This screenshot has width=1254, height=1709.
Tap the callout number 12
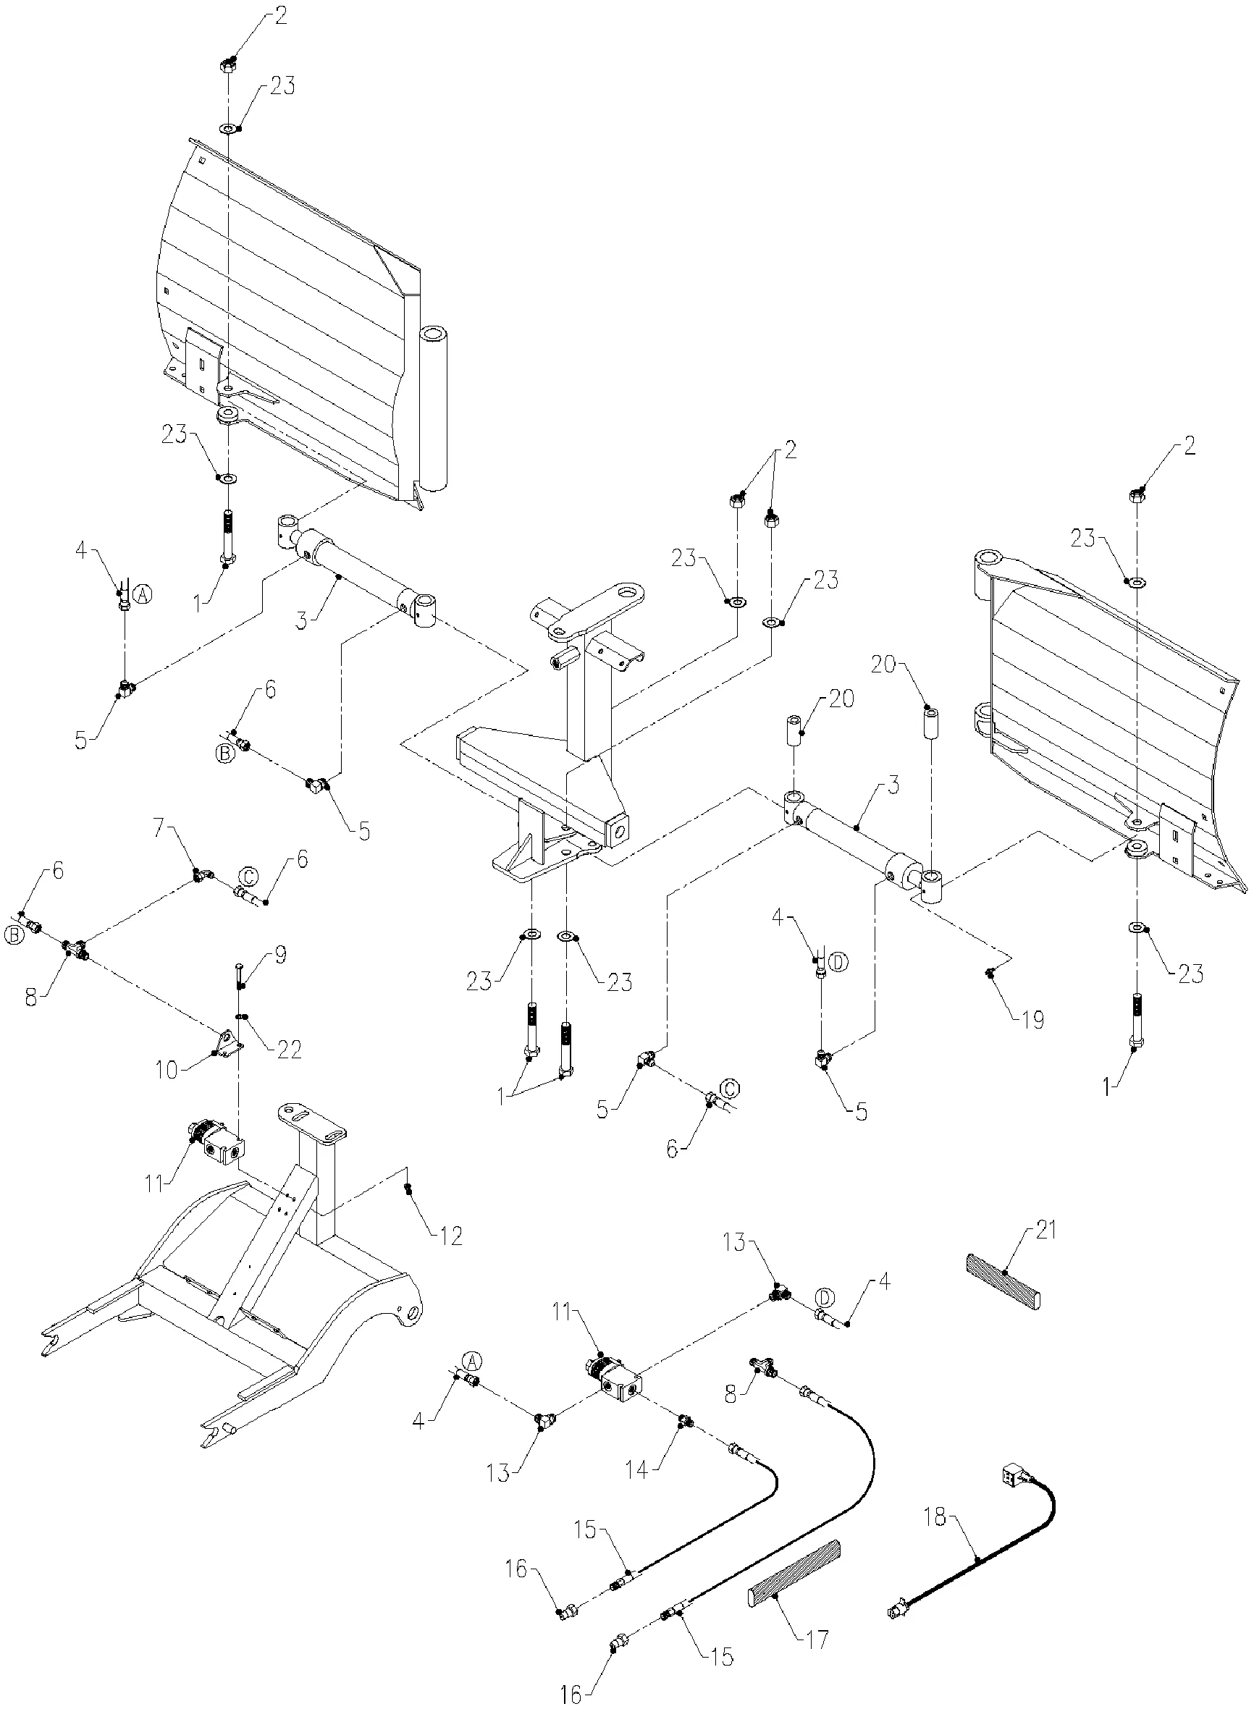451,1237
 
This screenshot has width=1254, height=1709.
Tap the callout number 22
288,1050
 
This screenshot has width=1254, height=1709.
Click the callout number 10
167,1070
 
